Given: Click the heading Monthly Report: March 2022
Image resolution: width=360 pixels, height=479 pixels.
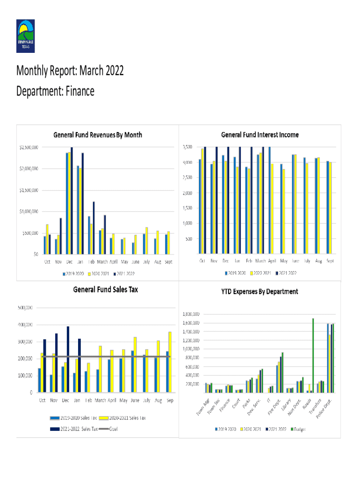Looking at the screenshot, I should (x=70, y=71).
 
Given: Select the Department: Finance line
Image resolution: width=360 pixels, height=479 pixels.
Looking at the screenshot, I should (x=55, y=91).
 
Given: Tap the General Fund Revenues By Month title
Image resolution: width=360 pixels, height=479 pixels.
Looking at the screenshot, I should (x=98, y=135).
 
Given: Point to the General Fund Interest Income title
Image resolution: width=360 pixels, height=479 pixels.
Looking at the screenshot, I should (x=259, y=135).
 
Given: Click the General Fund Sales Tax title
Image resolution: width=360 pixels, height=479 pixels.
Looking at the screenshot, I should (x=105, y=290).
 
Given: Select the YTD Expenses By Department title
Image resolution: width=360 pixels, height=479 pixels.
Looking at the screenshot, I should (x=259, y=291).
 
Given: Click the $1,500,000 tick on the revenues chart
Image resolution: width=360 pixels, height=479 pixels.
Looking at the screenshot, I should (x=29, y=190).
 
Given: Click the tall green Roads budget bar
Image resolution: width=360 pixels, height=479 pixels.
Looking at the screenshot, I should (x=313, y=356).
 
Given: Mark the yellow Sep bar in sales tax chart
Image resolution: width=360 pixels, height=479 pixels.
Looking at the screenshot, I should (x=170, y=362).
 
